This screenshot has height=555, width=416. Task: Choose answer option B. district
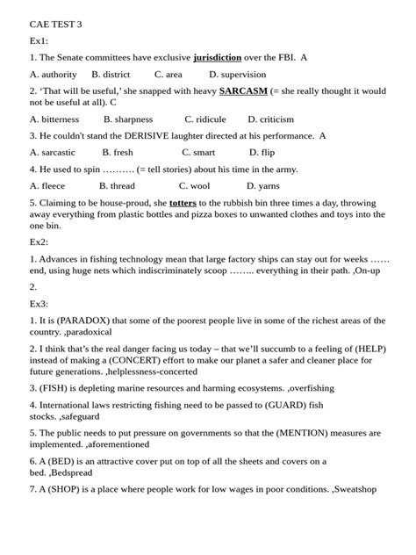pos(111,75)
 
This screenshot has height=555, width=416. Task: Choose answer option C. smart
pos(196,152)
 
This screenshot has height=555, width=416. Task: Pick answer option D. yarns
pos(262,185)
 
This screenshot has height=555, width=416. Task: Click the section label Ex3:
pos(39,304)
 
